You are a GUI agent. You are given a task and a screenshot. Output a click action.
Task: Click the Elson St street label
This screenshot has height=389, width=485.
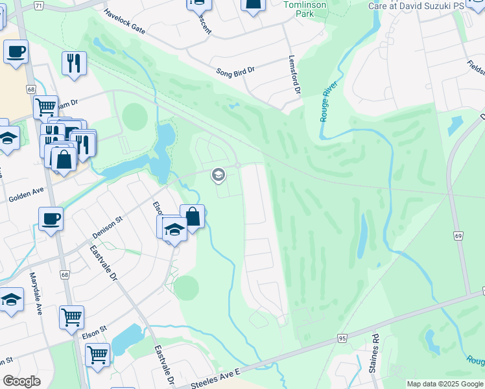pos(94,333)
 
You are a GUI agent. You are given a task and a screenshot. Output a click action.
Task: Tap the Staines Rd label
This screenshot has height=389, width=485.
pos(374,353)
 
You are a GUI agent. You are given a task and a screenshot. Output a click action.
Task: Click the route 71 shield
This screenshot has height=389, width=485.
pos(39,6)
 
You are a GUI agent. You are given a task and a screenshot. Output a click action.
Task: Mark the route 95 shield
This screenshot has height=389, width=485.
pos(343,338)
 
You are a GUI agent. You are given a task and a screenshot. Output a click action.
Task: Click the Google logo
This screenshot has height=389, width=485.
pos(21,381)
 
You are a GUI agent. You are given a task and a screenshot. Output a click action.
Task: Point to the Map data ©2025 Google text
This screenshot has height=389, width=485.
pos(444,384)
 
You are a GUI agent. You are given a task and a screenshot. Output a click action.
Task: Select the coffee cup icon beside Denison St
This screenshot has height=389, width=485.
pos(51,219)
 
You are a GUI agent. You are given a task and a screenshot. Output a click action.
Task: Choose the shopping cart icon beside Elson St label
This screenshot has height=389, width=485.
pos(71,317)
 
